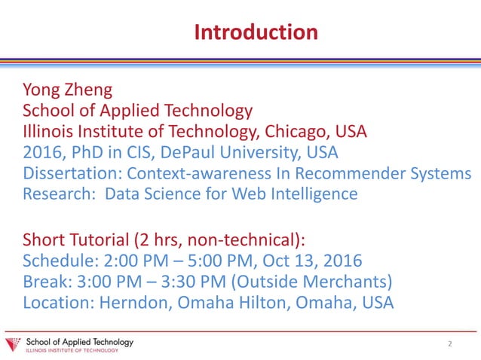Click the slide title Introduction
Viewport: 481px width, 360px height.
[256, 32]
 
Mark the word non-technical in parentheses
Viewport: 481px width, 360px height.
[246, 241]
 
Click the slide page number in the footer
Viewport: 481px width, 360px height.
[450, 344]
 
